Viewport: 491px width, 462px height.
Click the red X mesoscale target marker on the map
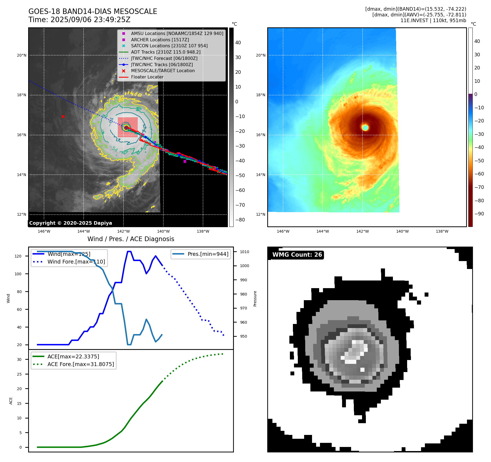(63, 116)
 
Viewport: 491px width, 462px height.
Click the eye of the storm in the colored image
(365, 127)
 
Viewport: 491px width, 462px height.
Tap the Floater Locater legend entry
(147, 77)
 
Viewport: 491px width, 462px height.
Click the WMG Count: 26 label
(297, 255)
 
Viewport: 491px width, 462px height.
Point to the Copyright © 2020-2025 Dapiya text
(70, 223)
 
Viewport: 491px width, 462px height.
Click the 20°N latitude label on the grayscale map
(22, 55)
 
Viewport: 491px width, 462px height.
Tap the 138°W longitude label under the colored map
(442, 231)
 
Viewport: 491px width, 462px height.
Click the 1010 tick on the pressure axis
(245, 252)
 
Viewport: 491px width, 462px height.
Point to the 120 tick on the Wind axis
(18, 256)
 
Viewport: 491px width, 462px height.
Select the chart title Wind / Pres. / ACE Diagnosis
(131, 239)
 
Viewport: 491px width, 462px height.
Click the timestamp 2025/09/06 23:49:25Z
(90, 20)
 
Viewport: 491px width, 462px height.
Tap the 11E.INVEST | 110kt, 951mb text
(433, 21)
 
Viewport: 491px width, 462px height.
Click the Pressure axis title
(255, 299)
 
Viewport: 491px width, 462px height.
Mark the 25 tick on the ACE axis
(19, 374)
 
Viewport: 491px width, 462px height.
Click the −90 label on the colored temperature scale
(479, 214)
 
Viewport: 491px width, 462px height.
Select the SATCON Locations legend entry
(169, 46)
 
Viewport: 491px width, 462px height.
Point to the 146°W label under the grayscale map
(44, 231)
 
